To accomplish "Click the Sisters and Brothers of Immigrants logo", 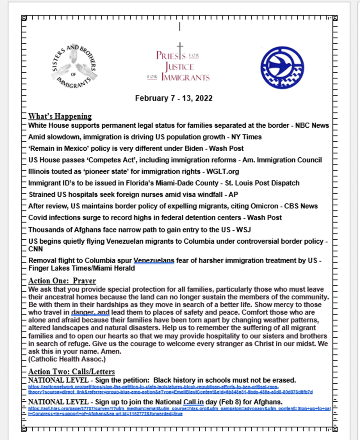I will click(x=74, y=65).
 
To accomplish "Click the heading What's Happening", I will click(x=60, y=116).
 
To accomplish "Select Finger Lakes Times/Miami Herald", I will click(x=82, y=269).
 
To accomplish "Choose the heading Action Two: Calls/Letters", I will click(x=71, y=372).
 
